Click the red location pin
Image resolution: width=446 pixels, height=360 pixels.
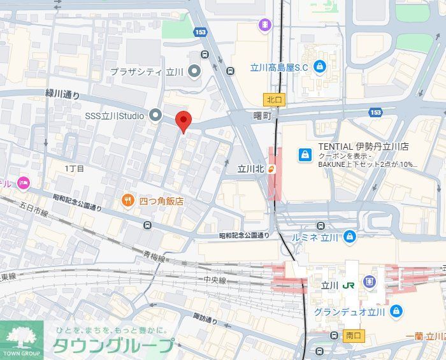183,120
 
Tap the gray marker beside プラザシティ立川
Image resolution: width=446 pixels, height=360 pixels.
195,71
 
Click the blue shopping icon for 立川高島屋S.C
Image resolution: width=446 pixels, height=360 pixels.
319,66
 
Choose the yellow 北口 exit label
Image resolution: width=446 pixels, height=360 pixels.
273,99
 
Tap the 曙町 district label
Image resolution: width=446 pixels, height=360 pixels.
262,116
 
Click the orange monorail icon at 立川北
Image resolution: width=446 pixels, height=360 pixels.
271,169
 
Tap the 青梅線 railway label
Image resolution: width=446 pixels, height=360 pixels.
154,258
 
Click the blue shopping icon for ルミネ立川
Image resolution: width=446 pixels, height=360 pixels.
349,237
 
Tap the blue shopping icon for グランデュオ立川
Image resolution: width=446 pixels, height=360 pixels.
396,312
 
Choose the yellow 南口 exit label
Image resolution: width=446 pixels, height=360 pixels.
354,335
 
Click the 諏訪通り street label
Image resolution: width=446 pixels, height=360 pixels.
205,318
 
